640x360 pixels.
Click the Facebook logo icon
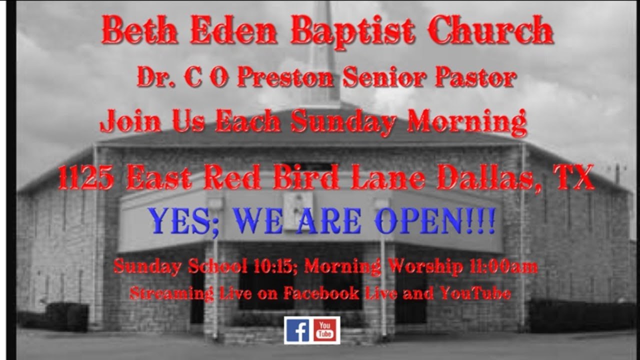(297, 330)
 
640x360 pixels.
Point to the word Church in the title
(490, 31)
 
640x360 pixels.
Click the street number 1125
(85, 178)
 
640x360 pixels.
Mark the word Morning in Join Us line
(467, 122)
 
